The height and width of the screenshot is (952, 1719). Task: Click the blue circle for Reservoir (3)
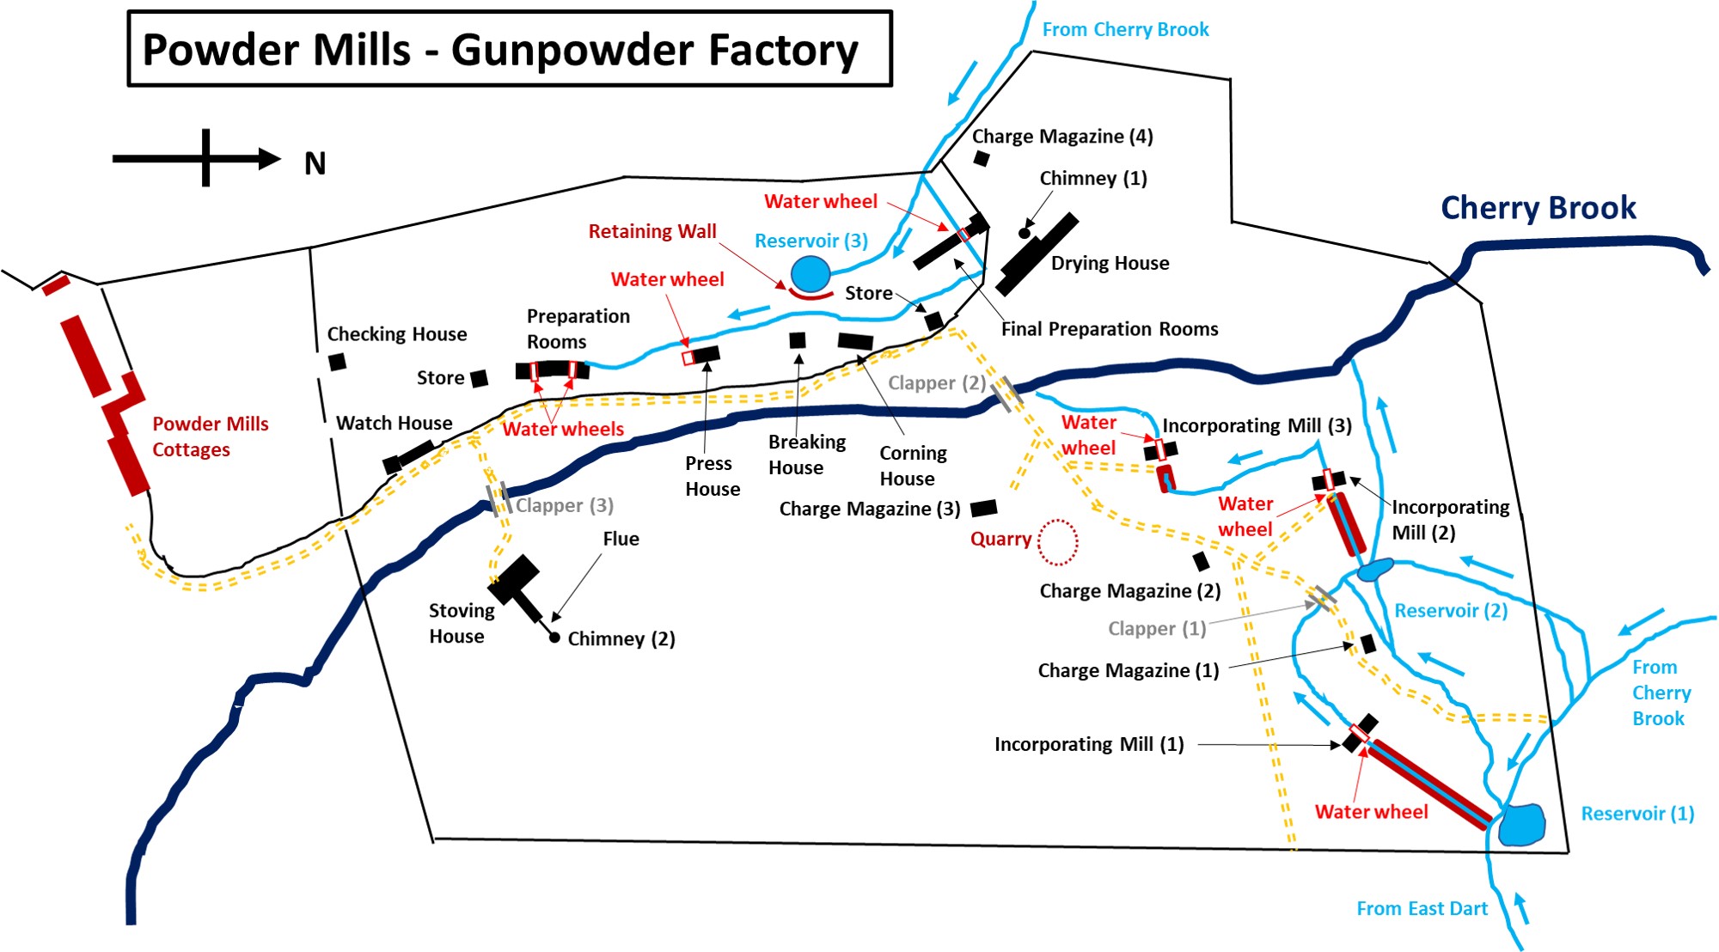tap(810, 274)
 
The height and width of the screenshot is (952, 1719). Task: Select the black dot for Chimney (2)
tap(554, 638)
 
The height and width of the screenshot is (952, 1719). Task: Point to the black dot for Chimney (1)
tap(1024, 233)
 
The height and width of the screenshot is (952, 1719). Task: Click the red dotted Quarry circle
tap(1057, 542)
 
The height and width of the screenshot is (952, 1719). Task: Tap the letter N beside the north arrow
tap(315, 163)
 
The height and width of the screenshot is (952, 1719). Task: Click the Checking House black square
tap(338, 362)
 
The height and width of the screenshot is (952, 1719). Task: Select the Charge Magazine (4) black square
tap(982, 158)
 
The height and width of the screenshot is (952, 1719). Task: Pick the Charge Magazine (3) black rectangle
tap(983, 508)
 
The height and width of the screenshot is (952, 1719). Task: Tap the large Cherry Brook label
tap(1538, 208)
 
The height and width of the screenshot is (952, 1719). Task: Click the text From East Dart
tap(1422, 908)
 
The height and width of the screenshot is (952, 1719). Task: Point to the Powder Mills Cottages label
tap(210, 436)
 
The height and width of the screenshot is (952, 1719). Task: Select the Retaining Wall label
tap(652, 231)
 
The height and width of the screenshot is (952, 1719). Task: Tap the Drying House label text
tap(1110, 263)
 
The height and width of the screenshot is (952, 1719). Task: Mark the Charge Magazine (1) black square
tap(1368, 644)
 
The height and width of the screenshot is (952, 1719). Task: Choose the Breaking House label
tap(806, 455)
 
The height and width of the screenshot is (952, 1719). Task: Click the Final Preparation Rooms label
tap(1109, 329)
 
